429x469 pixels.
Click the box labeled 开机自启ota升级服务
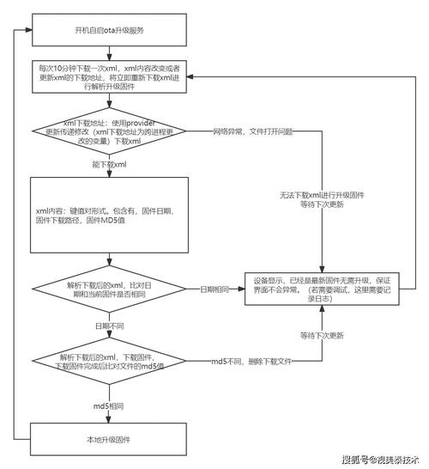click(109, 30)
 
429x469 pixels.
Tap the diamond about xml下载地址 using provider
click(109, 133)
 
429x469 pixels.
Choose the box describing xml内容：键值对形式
click(109, 215)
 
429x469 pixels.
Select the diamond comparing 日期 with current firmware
click(109, 289)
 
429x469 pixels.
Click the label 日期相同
click(214, 289)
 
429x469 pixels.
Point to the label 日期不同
click(108, 327)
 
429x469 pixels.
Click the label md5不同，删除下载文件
click(253, 361)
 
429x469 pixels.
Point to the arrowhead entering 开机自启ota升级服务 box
click(27, 30)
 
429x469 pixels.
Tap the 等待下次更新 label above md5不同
click(323, 335)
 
